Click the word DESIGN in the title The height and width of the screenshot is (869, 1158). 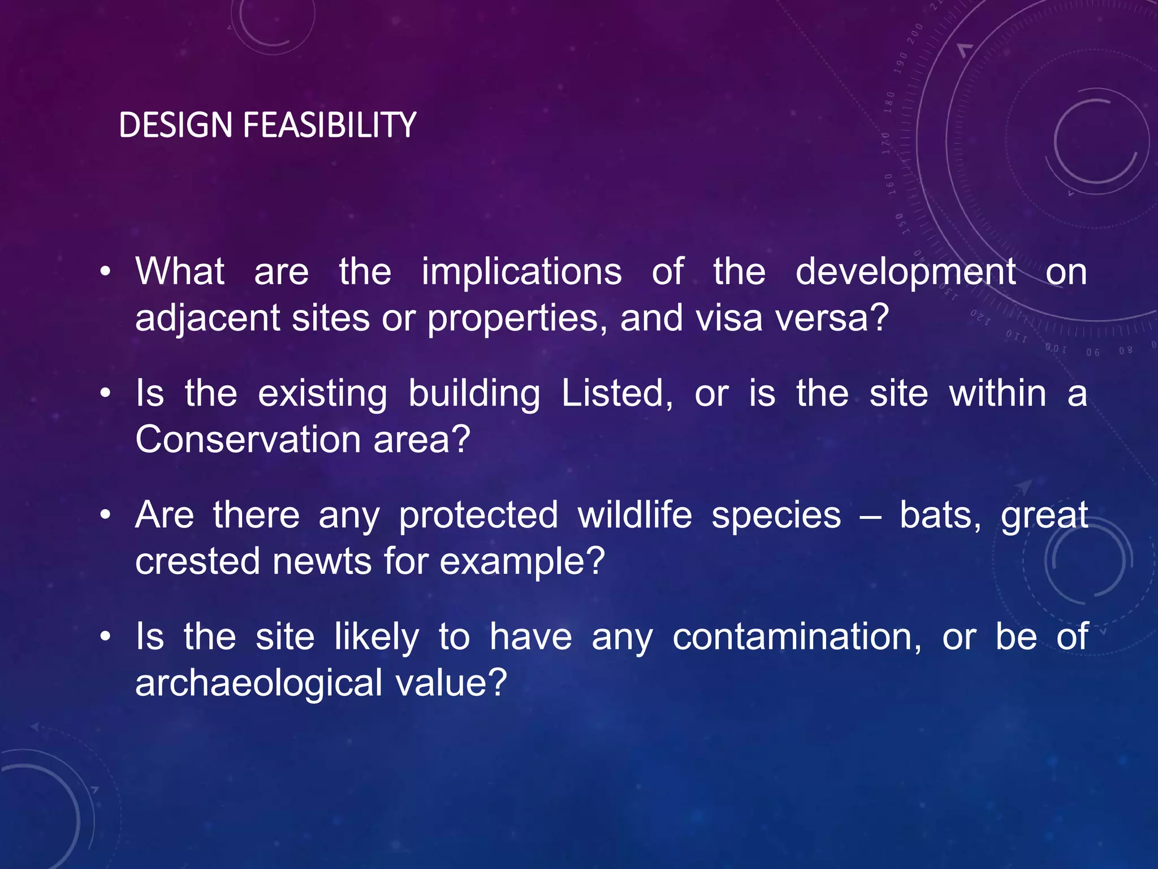(x=175, y=125)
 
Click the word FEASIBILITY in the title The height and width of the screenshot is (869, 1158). (x=330, y=125)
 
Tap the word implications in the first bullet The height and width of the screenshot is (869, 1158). (x=521, y=272)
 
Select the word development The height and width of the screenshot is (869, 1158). (x=905, y=273)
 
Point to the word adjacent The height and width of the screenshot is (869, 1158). (x=207, y=319)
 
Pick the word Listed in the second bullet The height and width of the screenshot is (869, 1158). (x=617, y=393)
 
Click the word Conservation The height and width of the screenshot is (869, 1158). (x=248, y=439)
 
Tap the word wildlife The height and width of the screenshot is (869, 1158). (x=634, y=515)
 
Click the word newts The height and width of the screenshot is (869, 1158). (x=322, y=561)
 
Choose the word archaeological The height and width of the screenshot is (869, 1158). (x=259, y=683)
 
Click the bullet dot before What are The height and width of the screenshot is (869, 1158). (x=105, y=272)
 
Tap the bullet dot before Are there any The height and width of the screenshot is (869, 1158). (x=105, y=516)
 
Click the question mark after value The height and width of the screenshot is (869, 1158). (x=496, y=682)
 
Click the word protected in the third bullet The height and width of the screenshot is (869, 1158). (x=478, y=516)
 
